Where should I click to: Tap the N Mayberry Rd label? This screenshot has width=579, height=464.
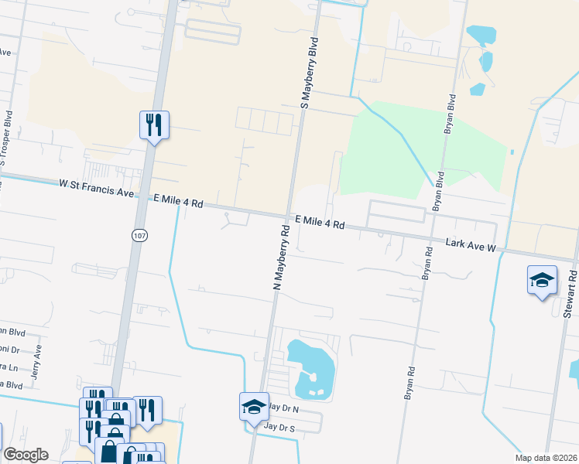tap(280, 258)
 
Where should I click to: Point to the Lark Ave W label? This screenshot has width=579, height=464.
tap(470, 245)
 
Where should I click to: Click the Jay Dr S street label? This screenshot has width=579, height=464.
tap(280, 426)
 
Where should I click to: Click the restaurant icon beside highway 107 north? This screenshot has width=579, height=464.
tap(154, 125)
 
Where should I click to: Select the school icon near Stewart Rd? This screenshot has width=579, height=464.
tap(542, 280)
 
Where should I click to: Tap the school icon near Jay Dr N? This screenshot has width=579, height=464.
tap(254, 407)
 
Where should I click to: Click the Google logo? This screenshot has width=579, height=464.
tap(26, 455)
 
